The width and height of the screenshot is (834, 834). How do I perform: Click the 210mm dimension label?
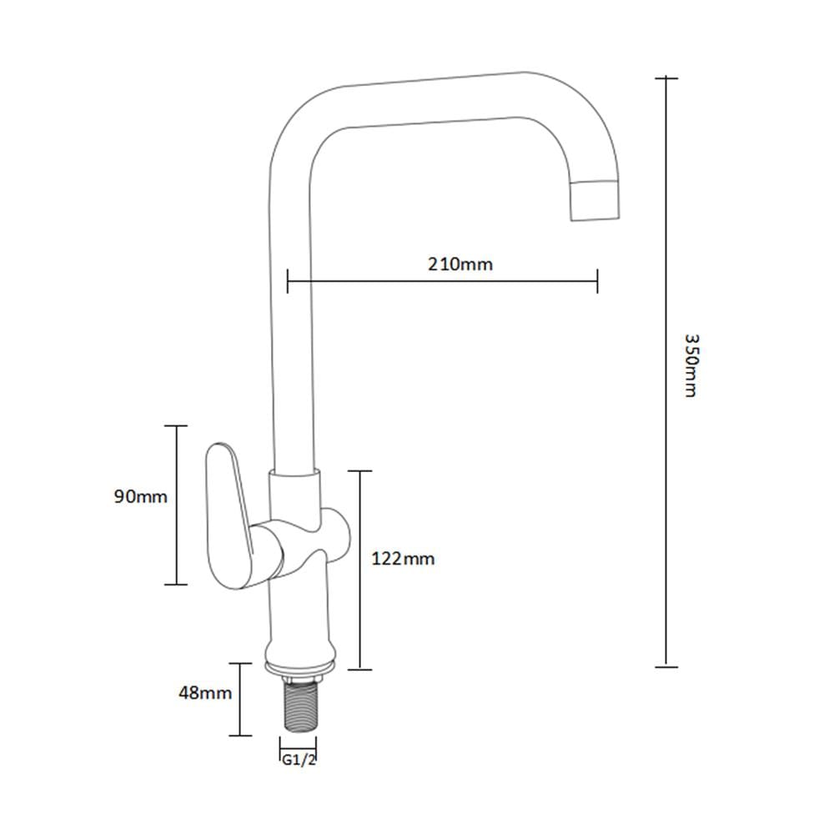tap(460, 264)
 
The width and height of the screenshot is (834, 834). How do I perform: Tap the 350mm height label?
tap(691, 365)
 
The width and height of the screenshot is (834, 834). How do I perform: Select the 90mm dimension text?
tap(140, 497)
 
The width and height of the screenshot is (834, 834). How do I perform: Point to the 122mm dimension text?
tap(403, 559)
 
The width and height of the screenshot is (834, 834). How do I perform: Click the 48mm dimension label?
tap(205, 693)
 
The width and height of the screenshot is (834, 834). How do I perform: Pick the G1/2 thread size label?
tap(299, 760)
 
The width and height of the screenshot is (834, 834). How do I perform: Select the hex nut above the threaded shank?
tap(299, 678)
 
